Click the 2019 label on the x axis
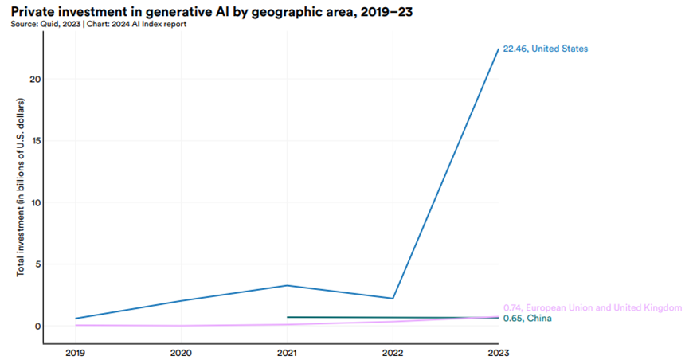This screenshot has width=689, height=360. tap(76, 352)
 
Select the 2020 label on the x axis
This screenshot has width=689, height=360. tap(181, 352)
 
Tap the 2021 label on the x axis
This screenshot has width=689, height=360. tap(287, 352)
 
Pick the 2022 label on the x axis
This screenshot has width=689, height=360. tap(393, 352)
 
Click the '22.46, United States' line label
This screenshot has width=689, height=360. tap(545, 49)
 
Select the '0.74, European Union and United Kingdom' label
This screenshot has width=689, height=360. tap(593, 307)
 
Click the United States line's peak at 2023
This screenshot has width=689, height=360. tap(499, 49)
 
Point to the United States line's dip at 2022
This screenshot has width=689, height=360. tap(393, 299)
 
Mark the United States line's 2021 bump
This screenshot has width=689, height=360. tap(287, 285)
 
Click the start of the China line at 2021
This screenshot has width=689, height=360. tap(288, 317)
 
